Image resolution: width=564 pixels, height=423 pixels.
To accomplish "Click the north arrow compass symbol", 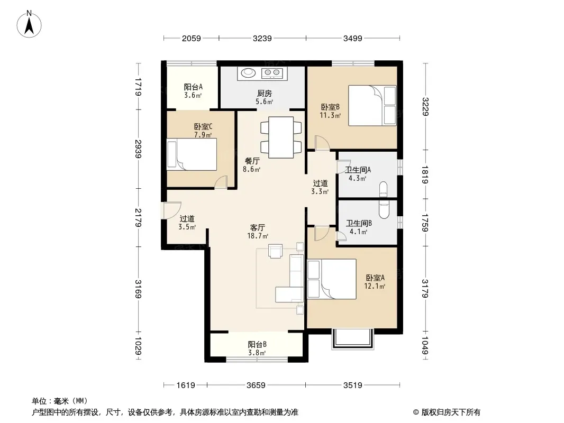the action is tap(29, 24).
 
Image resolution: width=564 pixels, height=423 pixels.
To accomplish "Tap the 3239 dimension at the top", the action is tap(262, 38).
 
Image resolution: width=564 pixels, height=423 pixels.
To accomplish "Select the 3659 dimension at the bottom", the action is tap(256, 385).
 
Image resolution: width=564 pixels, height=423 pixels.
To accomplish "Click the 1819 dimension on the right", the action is tap(425, 174).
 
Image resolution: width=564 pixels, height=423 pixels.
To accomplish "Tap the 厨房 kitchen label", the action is tap(265, 94).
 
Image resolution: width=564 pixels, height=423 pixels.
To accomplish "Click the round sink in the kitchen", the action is tap(248, 73).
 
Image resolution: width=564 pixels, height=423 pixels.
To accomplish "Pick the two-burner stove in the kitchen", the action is tap(272, 73).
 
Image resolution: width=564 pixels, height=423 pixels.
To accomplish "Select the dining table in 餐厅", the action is tap(281, 137).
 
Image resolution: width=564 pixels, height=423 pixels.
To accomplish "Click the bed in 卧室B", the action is tap(372, 105).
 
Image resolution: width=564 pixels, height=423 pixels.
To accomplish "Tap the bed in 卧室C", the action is tap(192, 154).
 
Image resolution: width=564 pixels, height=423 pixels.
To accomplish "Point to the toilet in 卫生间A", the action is tap(384, 189).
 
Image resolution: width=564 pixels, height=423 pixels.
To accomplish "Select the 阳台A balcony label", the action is tap(193, 87).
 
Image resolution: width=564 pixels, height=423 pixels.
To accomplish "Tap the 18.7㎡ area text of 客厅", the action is tap(258, 236).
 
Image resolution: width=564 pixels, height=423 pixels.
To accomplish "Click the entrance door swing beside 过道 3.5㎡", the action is tap(171, 210).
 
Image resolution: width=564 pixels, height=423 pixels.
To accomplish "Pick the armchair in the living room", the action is tap(276, 251).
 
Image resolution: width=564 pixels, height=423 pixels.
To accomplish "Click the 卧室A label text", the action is tap(375, 278).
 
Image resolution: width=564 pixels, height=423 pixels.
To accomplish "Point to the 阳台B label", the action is tap(257, 344).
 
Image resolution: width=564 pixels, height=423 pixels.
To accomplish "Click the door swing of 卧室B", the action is tap(322, 143).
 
